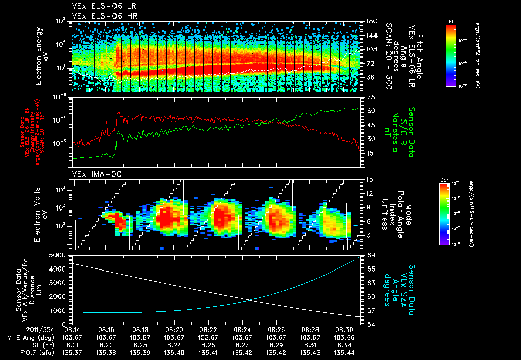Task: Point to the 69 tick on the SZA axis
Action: pyautogui.click(x=371, y=255)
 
